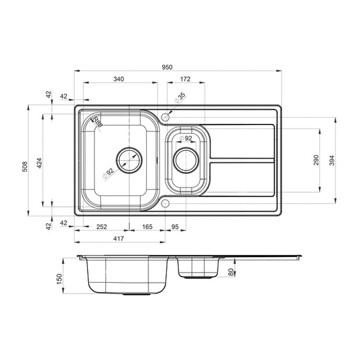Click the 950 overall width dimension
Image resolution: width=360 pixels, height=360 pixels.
pyautogui.click(x=167, y=67)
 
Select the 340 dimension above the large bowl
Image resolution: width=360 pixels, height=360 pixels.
pyautogui.click(x=119, y=79)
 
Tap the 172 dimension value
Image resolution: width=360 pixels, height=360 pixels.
pyautogui.click(x=185, y=79)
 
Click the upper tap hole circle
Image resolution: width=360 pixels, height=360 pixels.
pyautogui.click(x=165, y=117)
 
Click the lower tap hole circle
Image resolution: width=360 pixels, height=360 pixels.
pyautogui.click(x=165, y=203)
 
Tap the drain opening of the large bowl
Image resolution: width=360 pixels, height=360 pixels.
pyautogui.click(x=129, y=160)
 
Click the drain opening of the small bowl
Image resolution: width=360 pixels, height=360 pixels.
pyautogui.click(x=186, y=160)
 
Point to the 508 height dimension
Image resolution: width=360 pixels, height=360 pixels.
pyautogui.click(x=25, y=166)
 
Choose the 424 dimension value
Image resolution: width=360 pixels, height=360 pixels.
pyautogui.click(x=40, y=163)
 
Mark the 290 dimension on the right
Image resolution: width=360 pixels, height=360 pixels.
pyautogui.click(x=316, y=160)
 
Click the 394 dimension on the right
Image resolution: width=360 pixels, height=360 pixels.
pyautogui.click(x=332, y=161)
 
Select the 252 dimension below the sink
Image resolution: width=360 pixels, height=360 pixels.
pyautogui.click(x=102, y=227)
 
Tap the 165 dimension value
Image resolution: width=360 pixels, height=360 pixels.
pyautogui.click(x=147, y=227)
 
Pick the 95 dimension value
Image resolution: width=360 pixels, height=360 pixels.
pyautogui.click(x=175, y=227)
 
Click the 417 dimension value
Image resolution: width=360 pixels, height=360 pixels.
pyautogui.click(x=118, y=239)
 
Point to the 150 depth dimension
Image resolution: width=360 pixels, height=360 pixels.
pyautogui.click(x=59, y=279)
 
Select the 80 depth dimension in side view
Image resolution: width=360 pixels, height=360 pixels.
pyautogui.click(x=231, y=272)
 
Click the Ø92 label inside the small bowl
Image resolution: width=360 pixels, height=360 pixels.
pyautogui.click(x=186, y=138)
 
